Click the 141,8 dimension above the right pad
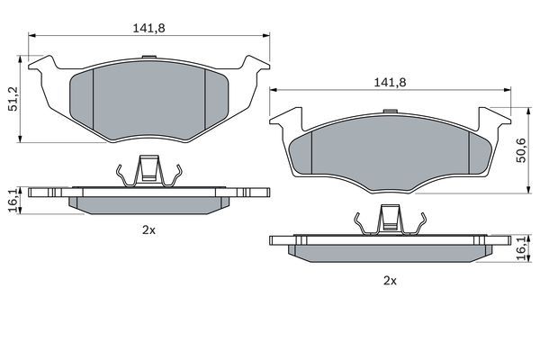(391, 82)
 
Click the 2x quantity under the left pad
(149, 230)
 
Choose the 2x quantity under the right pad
(390, 281)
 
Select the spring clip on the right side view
(390, 222)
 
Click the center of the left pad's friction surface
(149, 101)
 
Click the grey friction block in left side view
(149, 204)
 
